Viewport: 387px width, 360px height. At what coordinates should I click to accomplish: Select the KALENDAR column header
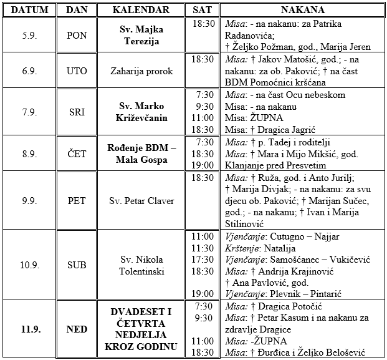[x=141, y=11]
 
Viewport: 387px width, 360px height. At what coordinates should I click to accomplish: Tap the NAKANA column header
[x=302, y=11]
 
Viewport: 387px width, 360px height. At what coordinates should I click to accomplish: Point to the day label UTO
[x=77, y=71]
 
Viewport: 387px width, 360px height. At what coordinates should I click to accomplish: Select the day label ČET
[x=77, y=152]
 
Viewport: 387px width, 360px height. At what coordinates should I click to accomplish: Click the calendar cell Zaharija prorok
[x=141, y=71]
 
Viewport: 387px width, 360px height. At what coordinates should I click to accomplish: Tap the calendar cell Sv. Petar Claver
[x=141, y=201]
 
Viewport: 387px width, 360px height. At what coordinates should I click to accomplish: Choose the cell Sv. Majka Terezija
[x=141, y=35]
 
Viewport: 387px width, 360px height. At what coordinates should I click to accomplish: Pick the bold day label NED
[x=77, y=329]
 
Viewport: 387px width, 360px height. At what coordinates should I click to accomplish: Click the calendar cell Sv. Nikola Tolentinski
[x=141, y=265]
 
